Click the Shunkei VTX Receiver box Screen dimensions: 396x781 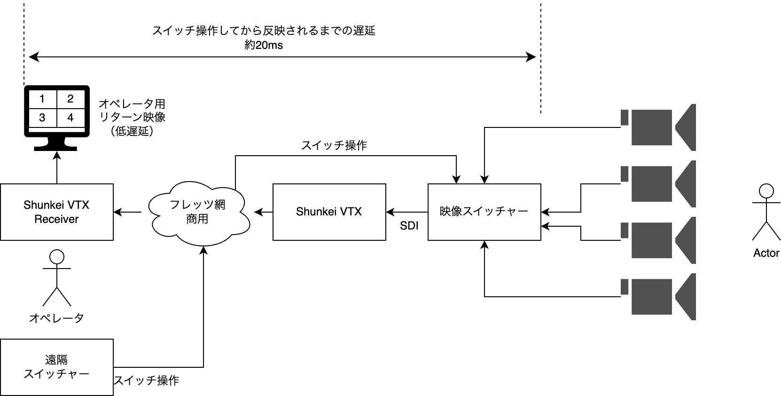point(56,212)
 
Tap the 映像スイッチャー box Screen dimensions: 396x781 point(484,212)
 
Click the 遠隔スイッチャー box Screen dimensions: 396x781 point(56,367)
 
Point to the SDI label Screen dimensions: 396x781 point(409,226)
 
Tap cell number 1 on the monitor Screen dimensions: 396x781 point(42,99)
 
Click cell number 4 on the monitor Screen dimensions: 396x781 point(70,117)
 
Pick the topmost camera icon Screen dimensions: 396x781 point(658,127)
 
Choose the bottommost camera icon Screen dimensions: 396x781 point(658,297)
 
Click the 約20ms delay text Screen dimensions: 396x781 point(264,46)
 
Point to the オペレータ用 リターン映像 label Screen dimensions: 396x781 point(132,117)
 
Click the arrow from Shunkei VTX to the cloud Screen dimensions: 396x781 point(264,212)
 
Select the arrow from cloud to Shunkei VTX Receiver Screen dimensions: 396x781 point(128,212)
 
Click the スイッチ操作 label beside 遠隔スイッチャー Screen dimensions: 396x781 point(147,380)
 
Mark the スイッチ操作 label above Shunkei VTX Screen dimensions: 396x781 point(334,145)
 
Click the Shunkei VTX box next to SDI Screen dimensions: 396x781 point(329,212)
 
